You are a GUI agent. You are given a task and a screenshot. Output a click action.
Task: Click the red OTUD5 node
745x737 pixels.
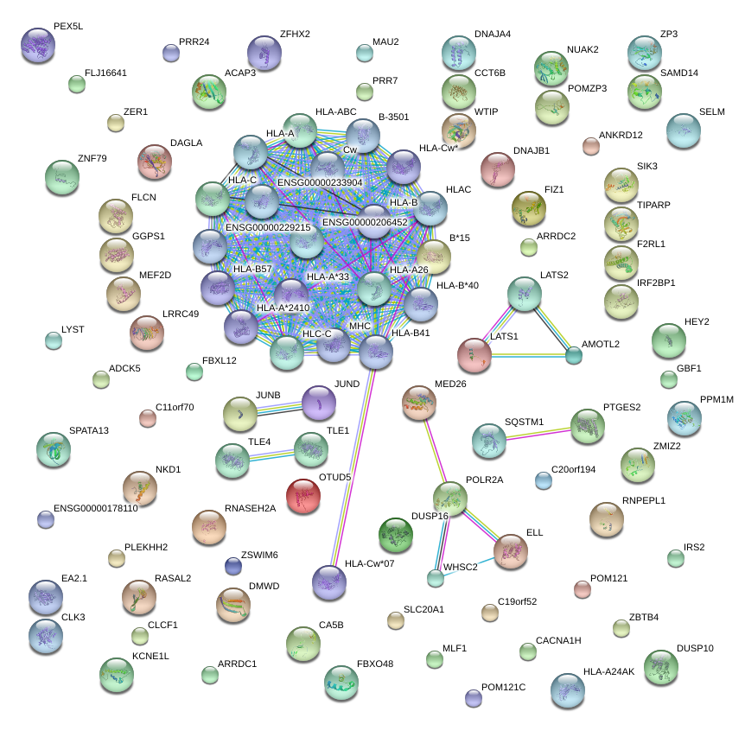coord(303,497)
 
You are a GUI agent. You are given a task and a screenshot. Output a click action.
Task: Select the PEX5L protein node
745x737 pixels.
coord(38,46)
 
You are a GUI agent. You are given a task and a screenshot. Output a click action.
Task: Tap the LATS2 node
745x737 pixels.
coord(524,295)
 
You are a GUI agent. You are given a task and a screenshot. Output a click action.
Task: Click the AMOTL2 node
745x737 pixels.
coord(574,354)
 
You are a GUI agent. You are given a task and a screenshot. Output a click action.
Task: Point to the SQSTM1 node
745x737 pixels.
coord(489,442)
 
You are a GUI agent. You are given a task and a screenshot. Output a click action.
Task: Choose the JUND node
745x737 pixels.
coord(320,401)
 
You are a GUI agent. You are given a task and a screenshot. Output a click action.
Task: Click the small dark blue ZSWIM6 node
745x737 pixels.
coord(232,566)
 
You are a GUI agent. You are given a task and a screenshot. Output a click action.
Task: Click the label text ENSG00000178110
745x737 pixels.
coord(96,508)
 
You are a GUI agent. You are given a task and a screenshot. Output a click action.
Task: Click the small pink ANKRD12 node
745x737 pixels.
coord(591,147)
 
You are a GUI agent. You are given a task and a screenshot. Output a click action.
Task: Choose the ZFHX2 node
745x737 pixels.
coord(264,53)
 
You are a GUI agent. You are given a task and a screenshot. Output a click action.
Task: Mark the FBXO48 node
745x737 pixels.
coord(341,683)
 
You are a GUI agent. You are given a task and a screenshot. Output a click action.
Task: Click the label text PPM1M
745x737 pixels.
coord(716,400)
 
